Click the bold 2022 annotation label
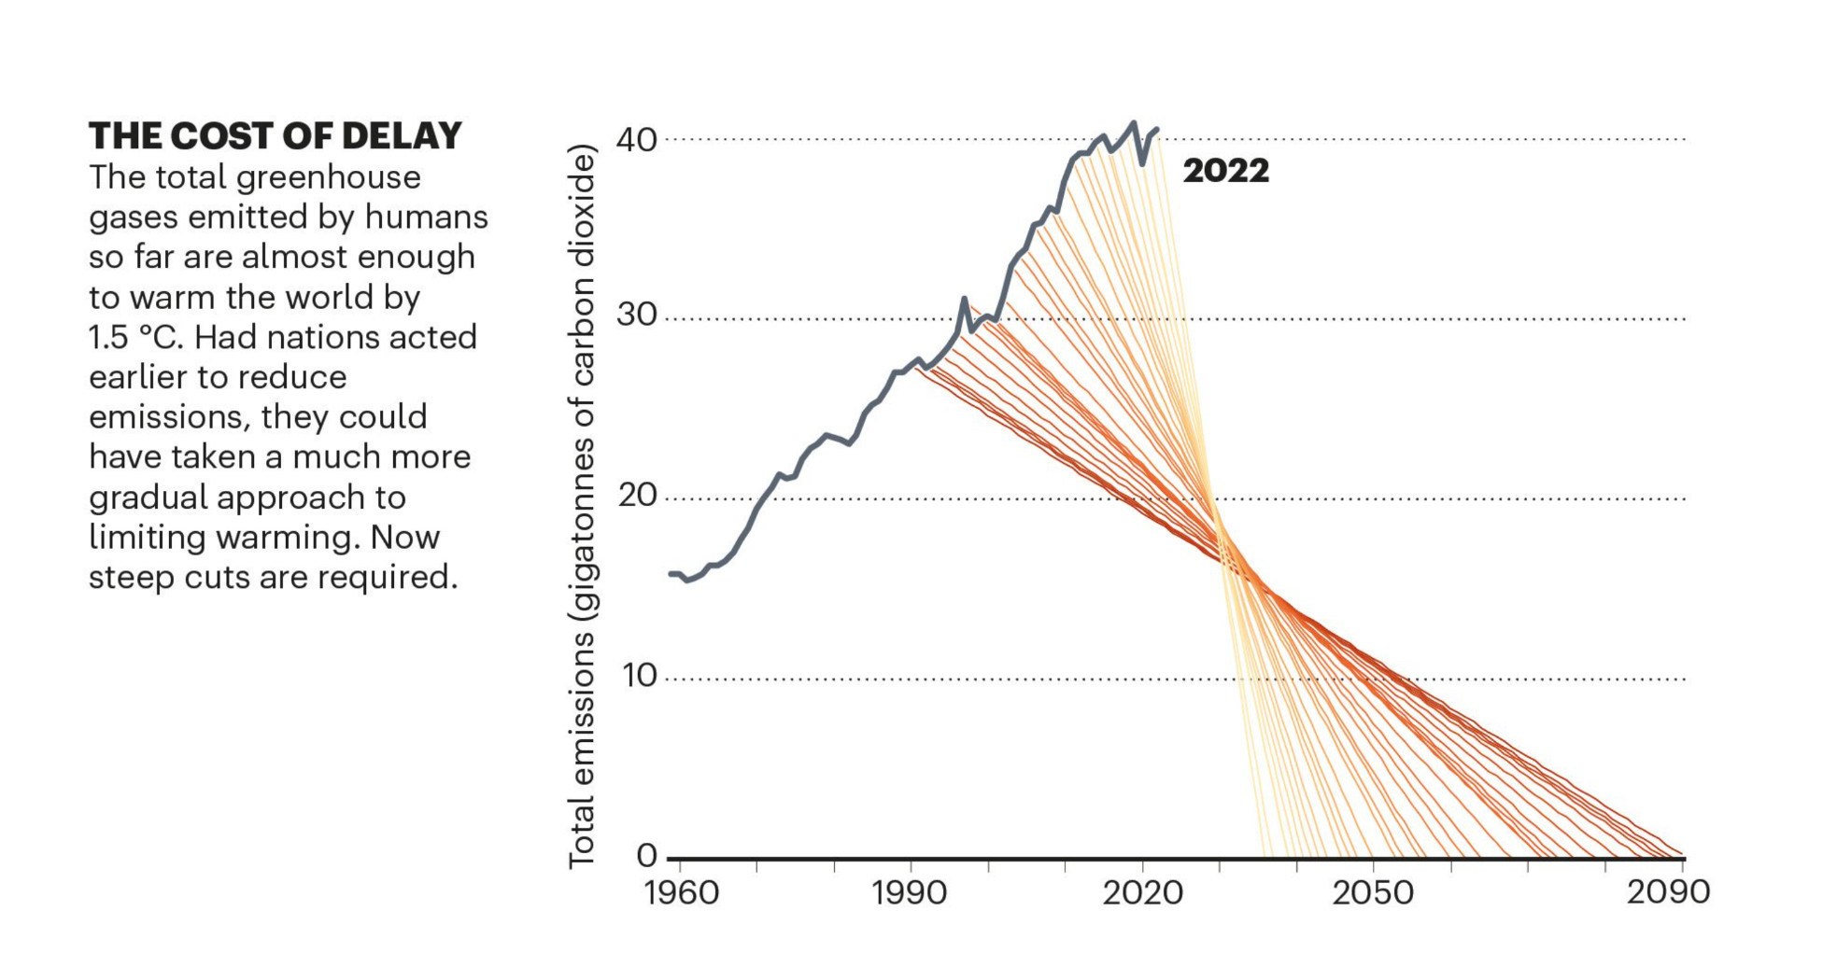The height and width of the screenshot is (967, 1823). (x=1225, y=171)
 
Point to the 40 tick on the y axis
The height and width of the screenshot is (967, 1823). (x=637, y=140)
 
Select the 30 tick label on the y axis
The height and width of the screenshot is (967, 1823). (x=637, y=315)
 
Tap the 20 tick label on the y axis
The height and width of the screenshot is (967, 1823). (x=637, y=495)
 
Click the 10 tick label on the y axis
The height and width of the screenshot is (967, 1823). (x=637, y=675)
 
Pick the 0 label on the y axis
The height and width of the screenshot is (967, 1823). (x=646, y=855)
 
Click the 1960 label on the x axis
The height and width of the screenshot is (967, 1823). (x=681, y=893)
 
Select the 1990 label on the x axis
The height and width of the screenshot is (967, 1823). (x=910, y=893)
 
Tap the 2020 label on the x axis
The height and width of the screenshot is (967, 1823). (x=1142, y=893)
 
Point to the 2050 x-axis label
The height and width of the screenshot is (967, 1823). (x=1372, y=893)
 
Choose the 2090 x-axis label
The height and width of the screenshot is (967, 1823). (x=1668, y=892)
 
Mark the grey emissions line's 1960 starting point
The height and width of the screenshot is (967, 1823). (x=671, y=573)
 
